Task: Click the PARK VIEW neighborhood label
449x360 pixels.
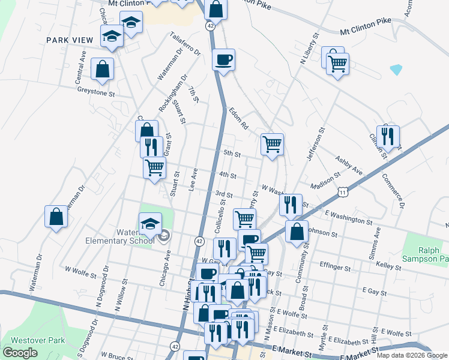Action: [70, 40]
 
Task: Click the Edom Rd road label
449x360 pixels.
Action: [238, 119]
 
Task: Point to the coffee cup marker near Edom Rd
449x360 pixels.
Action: [224, 60]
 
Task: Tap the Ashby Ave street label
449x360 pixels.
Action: [349, 167]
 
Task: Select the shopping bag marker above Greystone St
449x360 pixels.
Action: [103, 69]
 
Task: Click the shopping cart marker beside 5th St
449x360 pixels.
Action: [272, 144]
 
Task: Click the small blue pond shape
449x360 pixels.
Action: [396, 69]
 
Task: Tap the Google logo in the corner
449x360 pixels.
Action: [20, 353]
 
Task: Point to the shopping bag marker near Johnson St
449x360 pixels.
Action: [297, 232]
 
